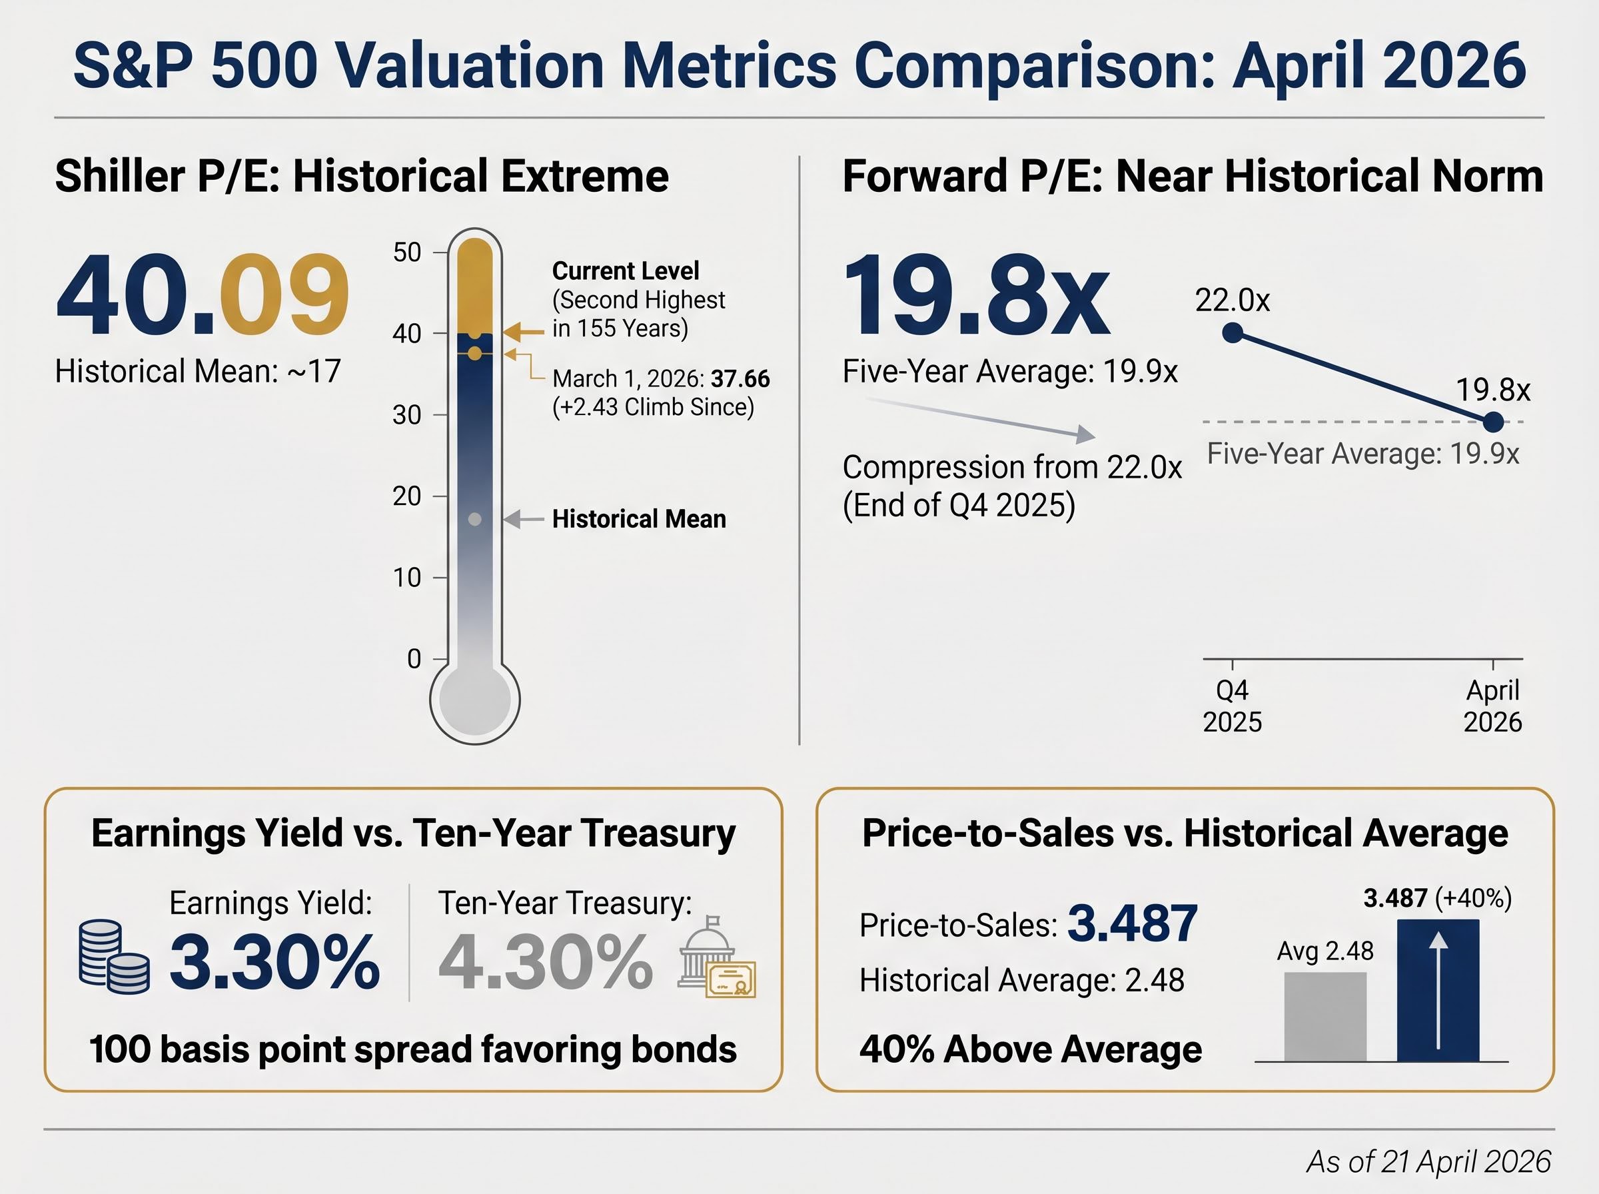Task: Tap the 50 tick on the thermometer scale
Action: [408, 253]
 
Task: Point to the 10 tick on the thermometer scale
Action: [408, 578]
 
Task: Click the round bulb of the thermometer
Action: [475, 699]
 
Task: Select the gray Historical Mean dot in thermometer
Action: [475, 519]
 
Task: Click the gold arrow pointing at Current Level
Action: [523, 332]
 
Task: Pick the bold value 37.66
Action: [740, 378]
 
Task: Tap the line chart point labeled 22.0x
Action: [1233, 332]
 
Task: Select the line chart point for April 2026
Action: [1493, 422]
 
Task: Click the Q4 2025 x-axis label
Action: [1232, 706]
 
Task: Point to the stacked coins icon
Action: [113, 956]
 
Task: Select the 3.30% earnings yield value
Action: [274, 962]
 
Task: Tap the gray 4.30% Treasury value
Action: [546, 962]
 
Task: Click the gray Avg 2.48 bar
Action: [1325, 1016]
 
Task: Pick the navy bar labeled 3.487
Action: [1438, 990]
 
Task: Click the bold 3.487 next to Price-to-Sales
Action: [1132, 923]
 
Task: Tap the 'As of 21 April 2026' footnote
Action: [1428, 1161]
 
